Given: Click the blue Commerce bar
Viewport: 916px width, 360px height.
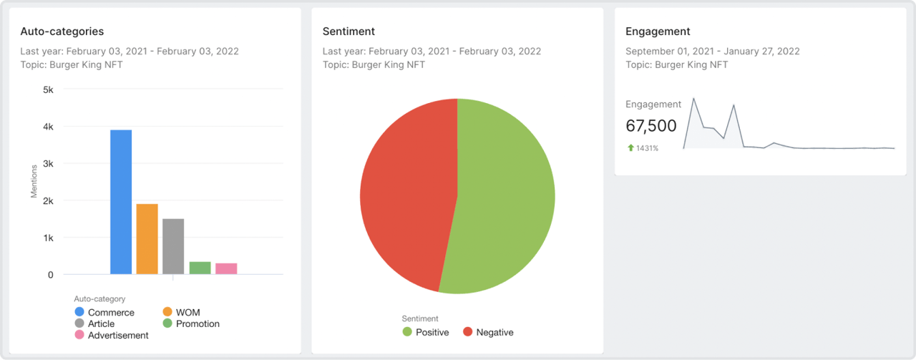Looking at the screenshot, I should (x=121, y=202).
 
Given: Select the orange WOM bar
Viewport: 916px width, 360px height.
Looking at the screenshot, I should (x=147, y=239).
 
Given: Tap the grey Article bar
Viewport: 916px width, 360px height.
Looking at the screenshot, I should (x=173, y=246).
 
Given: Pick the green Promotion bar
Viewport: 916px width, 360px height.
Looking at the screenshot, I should (x=200, y=268).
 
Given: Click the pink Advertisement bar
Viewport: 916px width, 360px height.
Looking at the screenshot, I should (x=226, y=268).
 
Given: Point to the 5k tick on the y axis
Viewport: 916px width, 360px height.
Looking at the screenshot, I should (x=48, y=90).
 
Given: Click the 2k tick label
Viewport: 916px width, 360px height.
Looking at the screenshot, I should (x=48, y=201).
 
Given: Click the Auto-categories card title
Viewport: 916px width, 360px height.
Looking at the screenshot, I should (x=62, y=31).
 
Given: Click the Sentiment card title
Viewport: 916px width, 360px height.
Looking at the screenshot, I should (x=349, y=31).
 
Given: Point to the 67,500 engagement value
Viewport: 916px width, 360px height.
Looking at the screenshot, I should (x=651, y=126).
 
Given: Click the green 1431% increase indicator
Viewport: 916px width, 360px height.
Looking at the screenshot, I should (x=643, y=148).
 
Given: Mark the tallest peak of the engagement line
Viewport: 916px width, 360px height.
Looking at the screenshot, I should (x=693, y=99).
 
